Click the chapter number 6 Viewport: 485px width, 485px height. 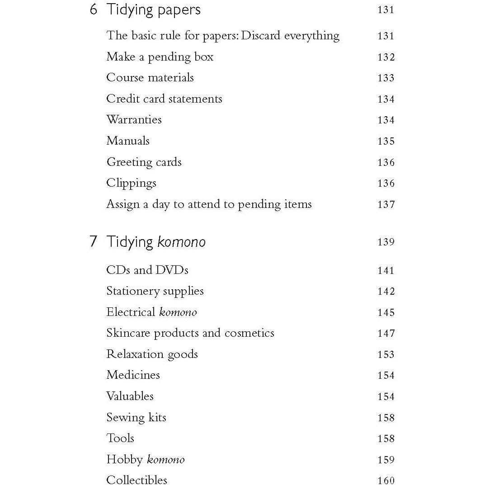pyautogui.click(x=94, y=9)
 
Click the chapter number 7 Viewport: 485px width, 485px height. pyautogui.click(x=94, y=241)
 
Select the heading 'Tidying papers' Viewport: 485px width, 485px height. pyautogui.click(x=153, y=10)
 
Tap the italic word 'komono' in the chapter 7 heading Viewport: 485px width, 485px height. pyautogui.click(x=181, y=242)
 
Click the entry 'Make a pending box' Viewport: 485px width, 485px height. pyautogui.click(x=160, y=57)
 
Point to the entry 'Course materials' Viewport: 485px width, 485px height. pyautogui.click(x=150, y=78)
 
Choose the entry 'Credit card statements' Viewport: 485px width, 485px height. pyautogui.click(x=164, y=99)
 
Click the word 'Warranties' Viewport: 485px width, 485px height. pyautogui.click(x=134, y=120)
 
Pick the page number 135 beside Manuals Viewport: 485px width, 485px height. pyautogui.click(x=386, y=141)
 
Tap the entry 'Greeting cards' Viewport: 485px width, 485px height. pyautogui.click(x=144, y=162)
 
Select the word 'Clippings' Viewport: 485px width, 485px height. pyautogui.click(x=131, y=184)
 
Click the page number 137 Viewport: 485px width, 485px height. pyautogui.click(x=386, y=204)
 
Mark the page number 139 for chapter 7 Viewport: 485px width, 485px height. pyautogui.click(x=386, y=242)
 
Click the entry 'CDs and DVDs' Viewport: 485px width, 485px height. pyautogui.click(x=147, y=270)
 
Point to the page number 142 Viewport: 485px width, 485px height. pyautogui.click(x=386, y=292)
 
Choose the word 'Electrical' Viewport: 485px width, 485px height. pyautogui.click(x=131, y=312)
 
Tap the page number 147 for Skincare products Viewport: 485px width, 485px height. pyautogui.click(x=386, y=334)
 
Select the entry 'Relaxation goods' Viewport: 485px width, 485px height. pyautogui.click(x=152, y=354)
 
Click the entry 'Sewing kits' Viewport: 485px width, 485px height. pyautogui.click(x=136, y=418)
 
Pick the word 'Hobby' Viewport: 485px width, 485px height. pyautogui.click(x=124, y=460)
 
